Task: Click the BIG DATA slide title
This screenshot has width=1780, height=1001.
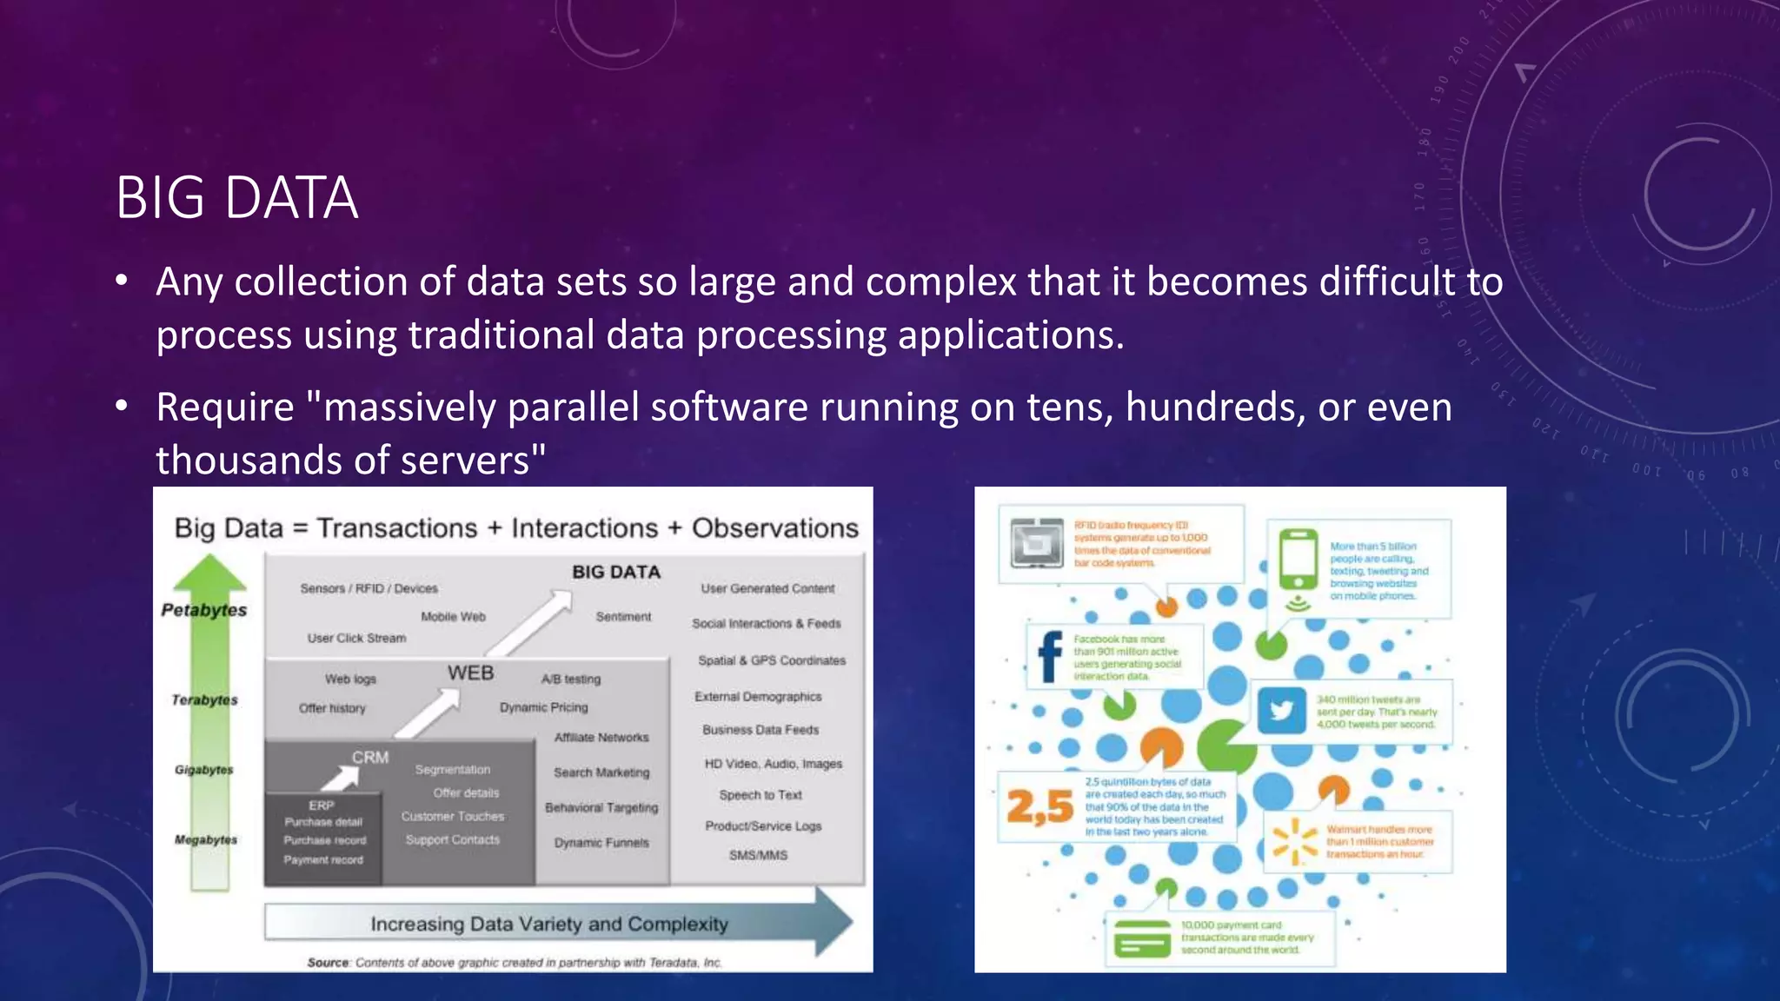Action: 236,198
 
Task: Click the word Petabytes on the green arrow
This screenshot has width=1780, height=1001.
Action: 204,610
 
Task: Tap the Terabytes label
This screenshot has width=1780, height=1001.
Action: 204,699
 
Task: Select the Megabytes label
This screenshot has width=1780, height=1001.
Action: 205,839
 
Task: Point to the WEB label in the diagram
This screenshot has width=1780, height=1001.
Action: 470,673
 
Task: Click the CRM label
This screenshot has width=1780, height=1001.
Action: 370,757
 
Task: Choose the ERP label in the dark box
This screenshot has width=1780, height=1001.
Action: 321,805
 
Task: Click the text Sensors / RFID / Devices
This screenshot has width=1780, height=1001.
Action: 369,588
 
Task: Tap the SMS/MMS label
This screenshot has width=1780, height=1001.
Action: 758,855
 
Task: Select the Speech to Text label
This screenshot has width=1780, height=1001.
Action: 760,795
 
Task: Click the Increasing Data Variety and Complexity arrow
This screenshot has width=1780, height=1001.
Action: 549,924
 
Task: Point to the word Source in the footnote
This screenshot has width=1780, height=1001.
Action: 328,963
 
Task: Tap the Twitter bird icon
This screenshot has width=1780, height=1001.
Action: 1282,711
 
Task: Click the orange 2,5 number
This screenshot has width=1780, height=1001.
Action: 1039,807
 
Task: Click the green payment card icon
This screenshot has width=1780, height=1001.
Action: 1142,938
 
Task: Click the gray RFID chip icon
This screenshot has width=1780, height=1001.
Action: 1037,543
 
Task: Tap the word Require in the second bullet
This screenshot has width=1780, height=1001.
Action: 225,408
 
